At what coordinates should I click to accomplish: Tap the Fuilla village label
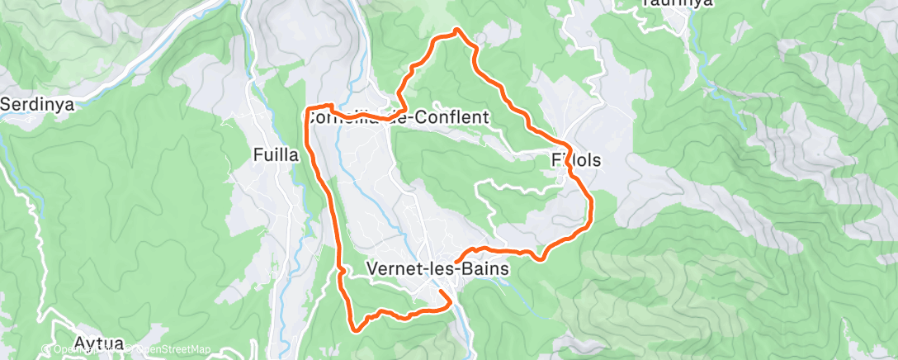(276, 154)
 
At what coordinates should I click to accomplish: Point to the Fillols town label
(576, 160)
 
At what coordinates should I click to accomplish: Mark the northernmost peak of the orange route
(456, 31)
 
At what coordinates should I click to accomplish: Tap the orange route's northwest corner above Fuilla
(308, 108)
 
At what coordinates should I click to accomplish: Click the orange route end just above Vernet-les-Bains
(456, 258)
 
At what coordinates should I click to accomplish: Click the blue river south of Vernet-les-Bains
(466, 326)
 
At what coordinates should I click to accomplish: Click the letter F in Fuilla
(257, 154)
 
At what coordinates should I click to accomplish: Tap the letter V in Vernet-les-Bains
(371, 268)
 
